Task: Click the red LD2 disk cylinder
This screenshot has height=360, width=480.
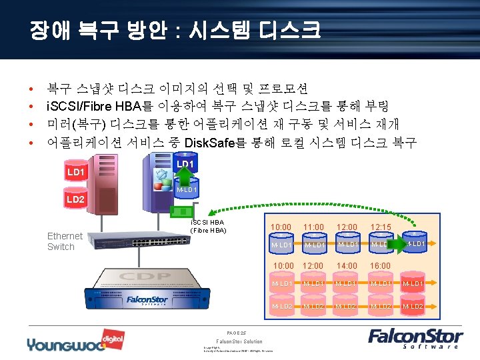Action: pos(75,199)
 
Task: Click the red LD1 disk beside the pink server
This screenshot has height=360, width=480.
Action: pos(76,172)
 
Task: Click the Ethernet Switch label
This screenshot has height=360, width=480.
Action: pos(65,241)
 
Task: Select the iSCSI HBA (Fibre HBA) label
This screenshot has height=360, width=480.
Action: pos(208,227)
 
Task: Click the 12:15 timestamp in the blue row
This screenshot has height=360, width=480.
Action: pos(381,227)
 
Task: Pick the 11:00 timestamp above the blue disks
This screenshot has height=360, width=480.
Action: pos(313,227)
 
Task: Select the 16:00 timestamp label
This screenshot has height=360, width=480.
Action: pos(381,265)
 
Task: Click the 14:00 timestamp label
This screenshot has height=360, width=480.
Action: pos(347,265)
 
